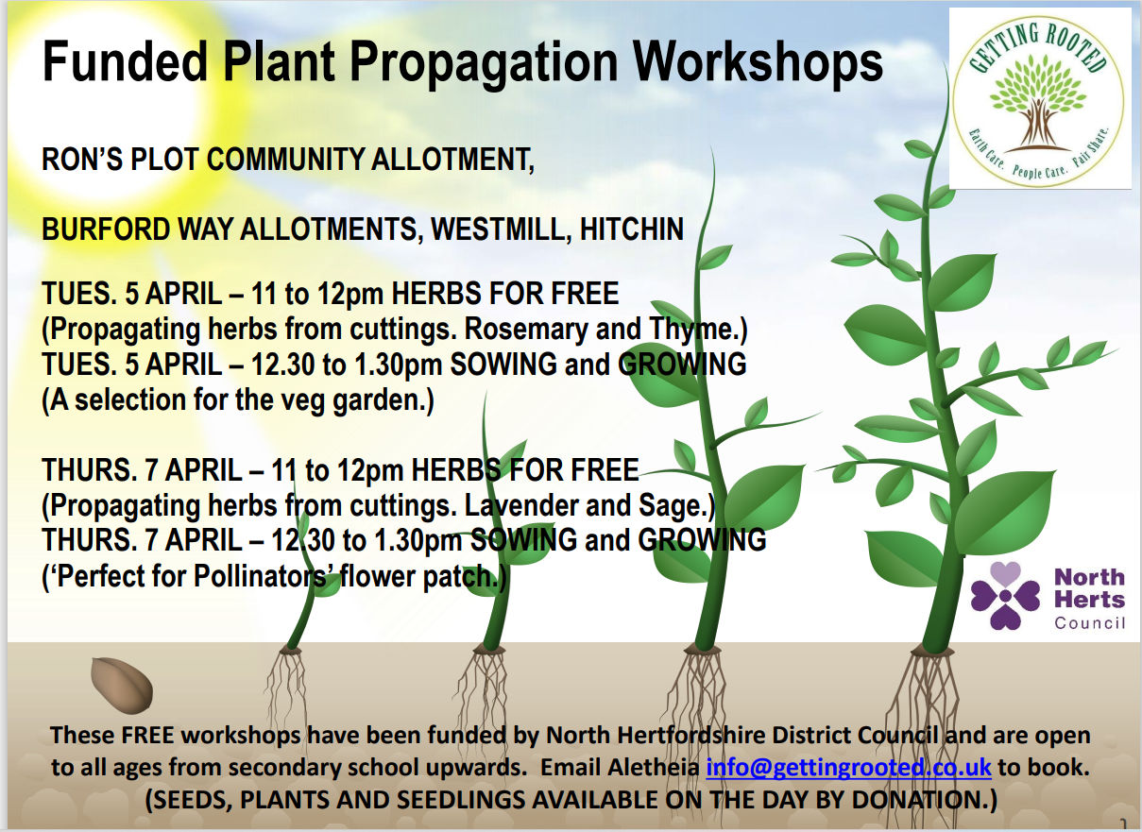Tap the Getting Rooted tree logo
1038,98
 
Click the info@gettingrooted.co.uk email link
848,767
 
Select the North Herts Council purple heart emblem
1005,595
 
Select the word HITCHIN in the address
632,230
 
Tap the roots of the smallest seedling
290,689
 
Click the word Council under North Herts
1088,622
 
